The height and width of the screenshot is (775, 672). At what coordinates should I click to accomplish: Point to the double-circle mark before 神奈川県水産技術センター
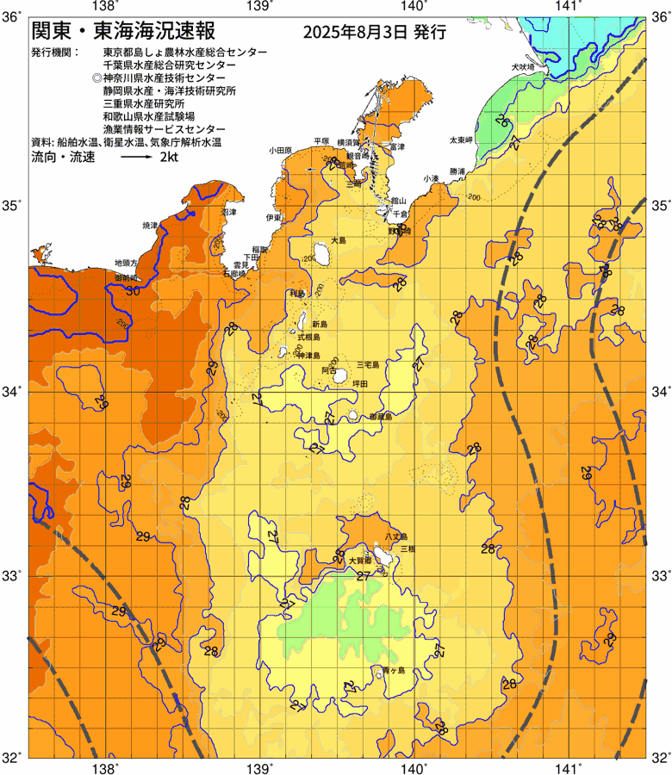click(x=96, y=77)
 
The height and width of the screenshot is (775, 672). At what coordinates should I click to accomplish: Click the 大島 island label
click(x=339, y=242)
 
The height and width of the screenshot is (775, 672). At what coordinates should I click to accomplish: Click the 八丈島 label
click(x=395, y=536)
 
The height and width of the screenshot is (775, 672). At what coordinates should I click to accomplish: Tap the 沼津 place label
click(x=228, y=211)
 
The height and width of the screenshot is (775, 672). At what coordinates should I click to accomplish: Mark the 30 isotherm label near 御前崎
click(x=133, y=291)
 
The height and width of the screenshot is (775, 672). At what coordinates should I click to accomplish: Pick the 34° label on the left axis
click(x=15, y=392)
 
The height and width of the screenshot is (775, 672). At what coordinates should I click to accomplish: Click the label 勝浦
click(x=457, y=170)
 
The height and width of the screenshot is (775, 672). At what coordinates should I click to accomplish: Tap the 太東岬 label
click(x=461, y=139)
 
